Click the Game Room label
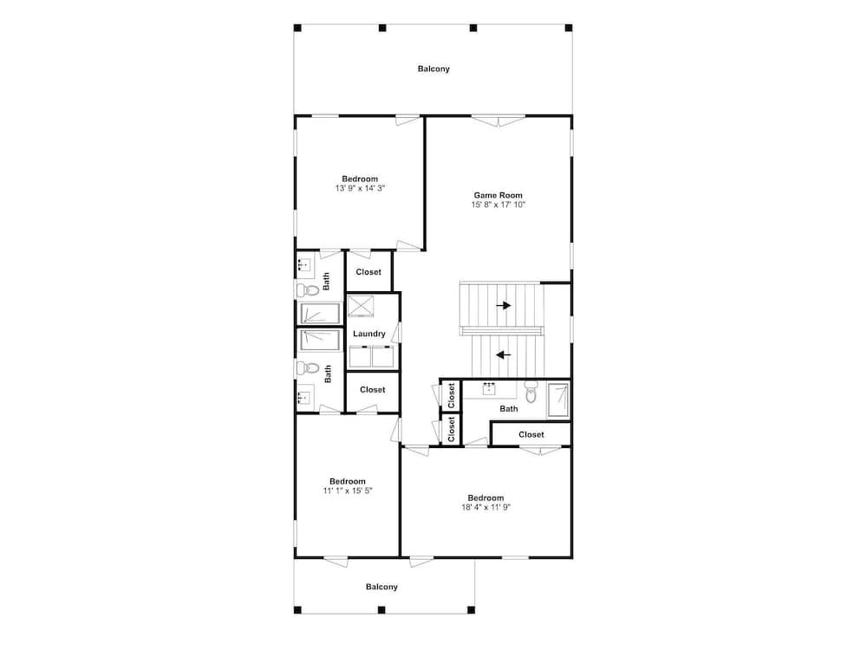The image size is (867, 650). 498,195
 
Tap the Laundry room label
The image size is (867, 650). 368,334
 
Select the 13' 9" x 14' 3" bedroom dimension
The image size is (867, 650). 360,188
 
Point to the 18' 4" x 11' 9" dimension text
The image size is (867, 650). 486,507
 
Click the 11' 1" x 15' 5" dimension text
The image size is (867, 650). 348,491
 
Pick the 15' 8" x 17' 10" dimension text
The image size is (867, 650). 499,205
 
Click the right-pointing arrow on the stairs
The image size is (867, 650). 503,305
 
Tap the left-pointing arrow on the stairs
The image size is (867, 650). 503,354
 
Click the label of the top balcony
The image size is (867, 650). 433,69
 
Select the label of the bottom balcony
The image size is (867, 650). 381,587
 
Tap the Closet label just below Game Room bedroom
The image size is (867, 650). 368,272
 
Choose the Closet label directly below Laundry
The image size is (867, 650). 373,390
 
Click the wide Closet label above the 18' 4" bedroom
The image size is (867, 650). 531,434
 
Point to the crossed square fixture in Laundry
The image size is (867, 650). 361,306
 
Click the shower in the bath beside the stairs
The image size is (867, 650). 557,400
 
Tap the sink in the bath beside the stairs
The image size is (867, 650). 489,389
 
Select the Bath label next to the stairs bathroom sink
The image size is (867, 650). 509,409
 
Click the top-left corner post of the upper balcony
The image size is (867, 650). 297,28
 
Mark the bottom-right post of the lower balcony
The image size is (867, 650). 471,610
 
